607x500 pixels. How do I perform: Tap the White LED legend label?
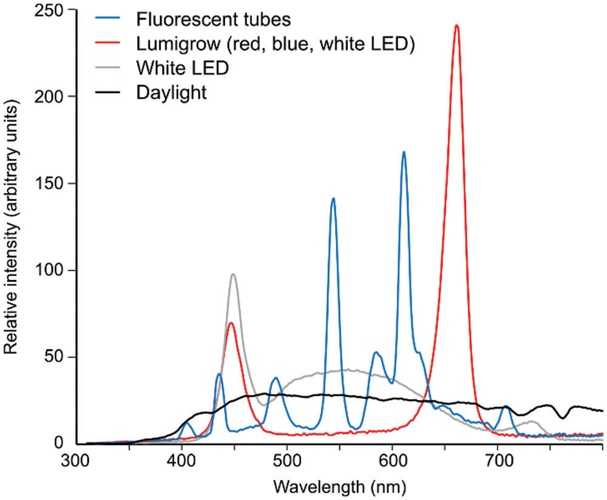pos(183,68)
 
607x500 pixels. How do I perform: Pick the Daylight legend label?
pos(172,93)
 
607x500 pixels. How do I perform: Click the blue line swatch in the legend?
pos(111,19)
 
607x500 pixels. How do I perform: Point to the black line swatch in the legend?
pos(111,93)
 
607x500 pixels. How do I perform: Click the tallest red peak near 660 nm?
pos(456,25)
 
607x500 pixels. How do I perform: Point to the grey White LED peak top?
pos(233,274)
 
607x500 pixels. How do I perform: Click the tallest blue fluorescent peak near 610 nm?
pos(404,152)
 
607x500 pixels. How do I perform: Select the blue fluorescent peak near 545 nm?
pos(333,198)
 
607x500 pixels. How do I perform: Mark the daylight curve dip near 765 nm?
pos(565,417)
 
